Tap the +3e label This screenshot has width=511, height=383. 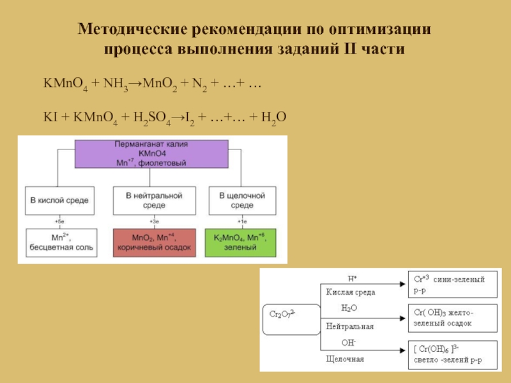point(153,221)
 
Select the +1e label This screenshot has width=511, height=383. point(241,221)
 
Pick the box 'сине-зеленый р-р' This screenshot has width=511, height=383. point(452,285)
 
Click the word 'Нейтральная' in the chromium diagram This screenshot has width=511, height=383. point(349,326)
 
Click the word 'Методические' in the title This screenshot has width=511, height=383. point(131,30)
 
